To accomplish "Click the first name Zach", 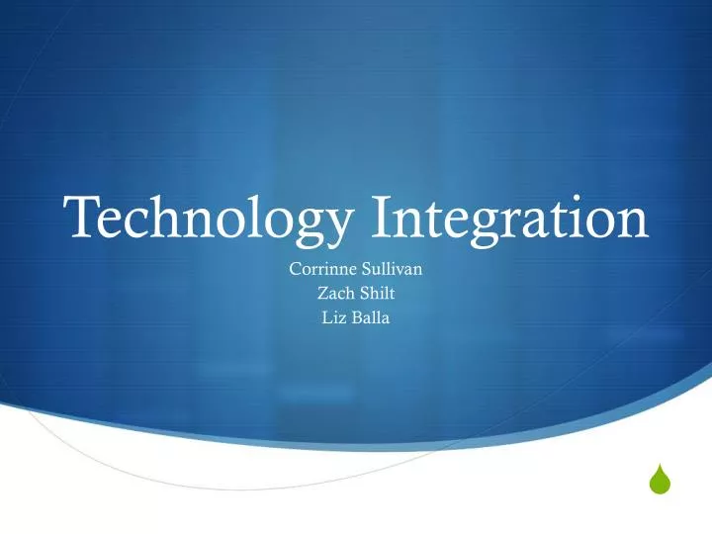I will tap(333, 293).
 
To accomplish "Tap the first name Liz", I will tap(333, 316).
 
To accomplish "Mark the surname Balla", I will tap(371, 316).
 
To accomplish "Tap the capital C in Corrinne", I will tap(294, 269).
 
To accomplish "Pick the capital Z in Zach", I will tap(321, 293).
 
